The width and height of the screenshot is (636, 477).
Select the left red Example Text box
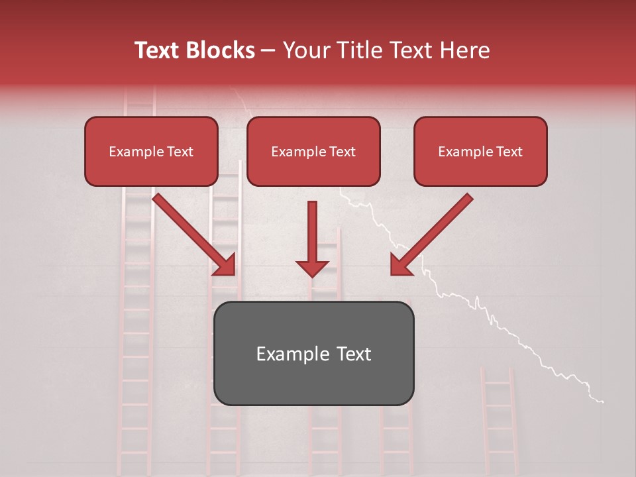(151, 152)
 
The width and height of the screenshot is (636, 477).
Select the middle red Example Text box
(313, 152)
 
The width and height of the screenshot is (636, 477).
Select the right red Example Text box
(480, 152)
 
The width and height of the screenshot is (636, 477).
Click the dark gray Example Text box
(313, 353)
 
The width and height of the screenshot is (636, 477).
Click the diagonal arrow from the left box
(192, 232)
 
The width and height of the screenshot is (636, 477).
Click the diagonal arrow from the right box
(434, 232)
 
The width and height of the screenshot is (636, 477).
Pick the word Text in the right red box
(508, 152)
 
